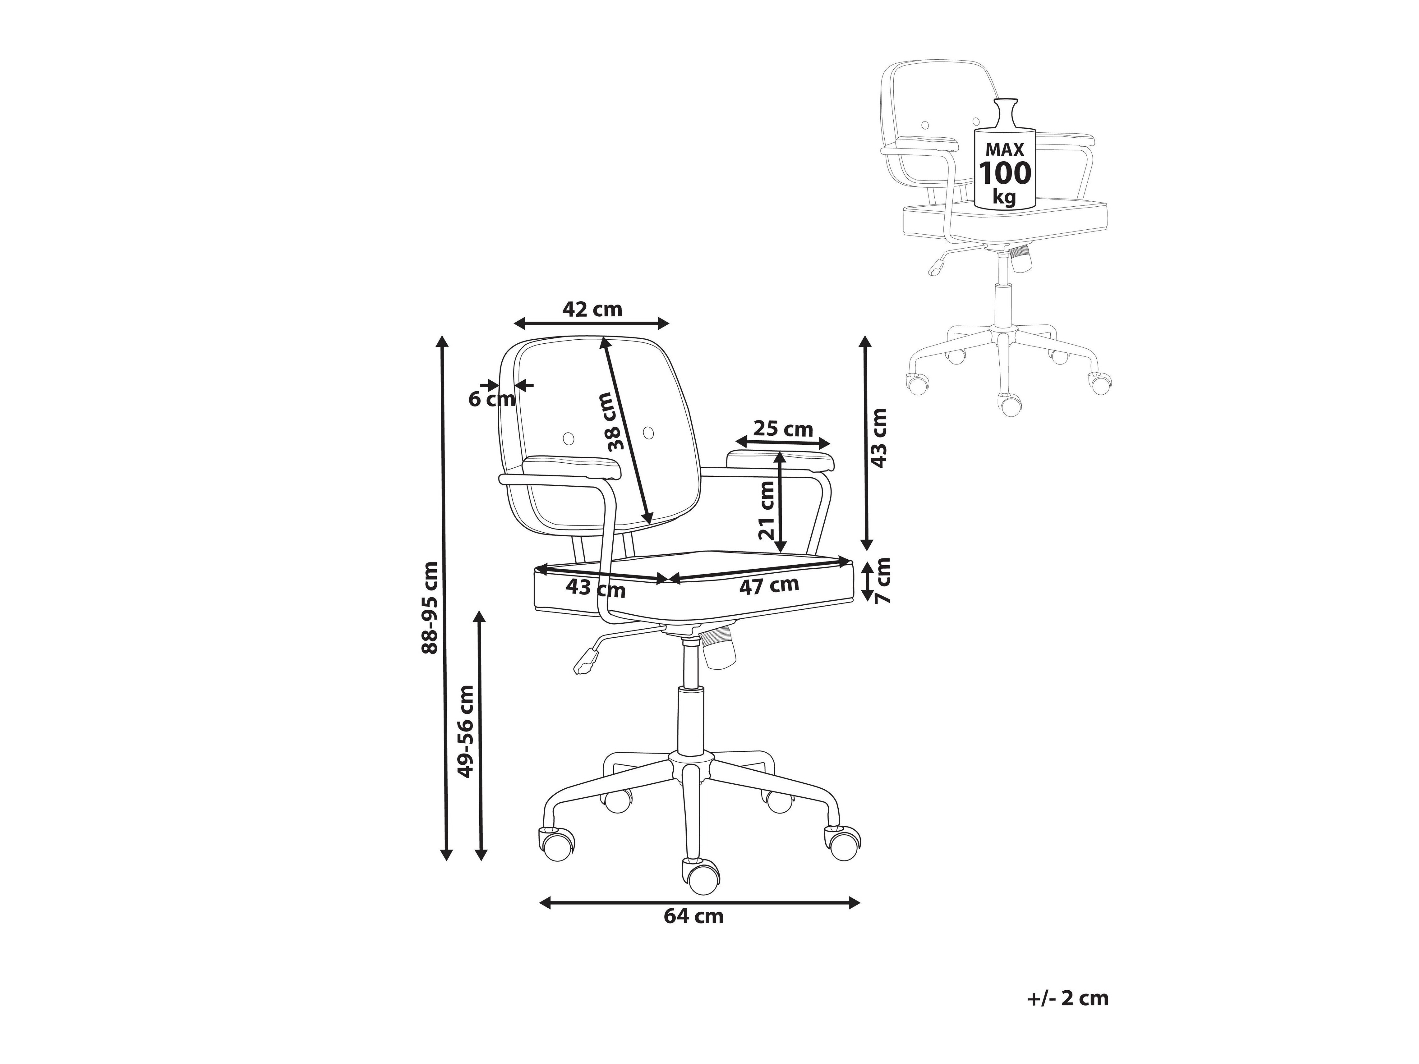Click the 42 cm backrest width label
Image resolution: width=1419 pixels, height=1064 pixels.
point(592,309)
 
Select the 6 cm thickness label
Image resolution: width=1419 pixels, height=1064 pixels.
point(491,399)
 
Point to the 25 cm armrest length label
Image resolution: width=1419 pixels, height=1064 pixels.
point(783,429)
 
